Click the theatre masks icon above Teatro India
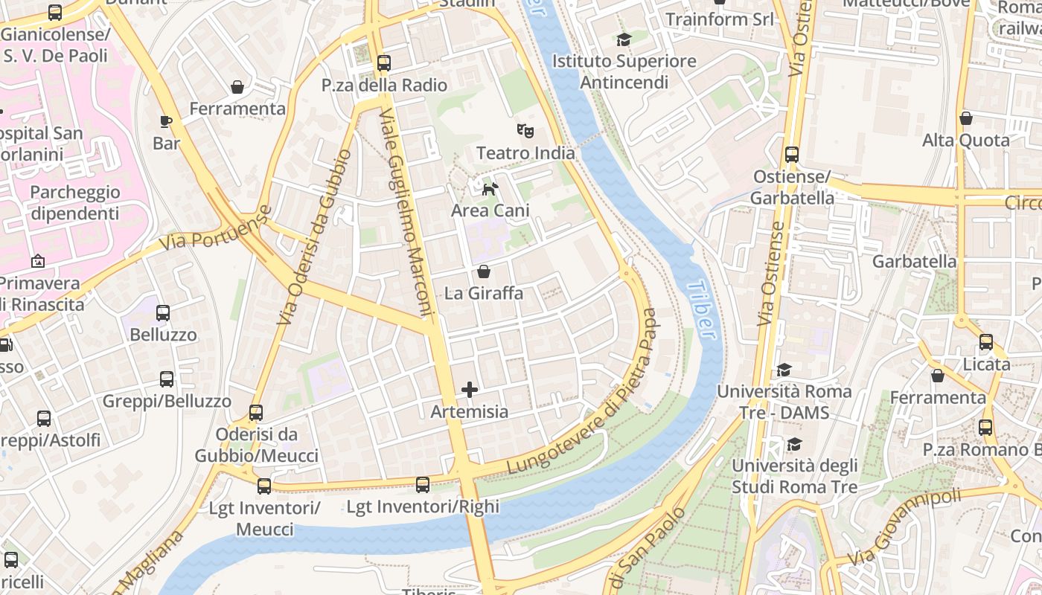coord(525,131)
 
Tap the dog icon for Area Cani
coord(490,189)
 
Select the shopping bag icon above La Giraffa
coord(484,271)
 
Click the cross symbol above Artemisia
coord(470,389)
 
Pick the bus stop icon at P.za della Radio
coord(384,63)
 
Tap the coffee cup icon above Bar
coord(166,121)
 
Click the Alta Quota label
coord(965,140)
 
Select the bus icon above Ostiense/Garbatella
coord(791,155)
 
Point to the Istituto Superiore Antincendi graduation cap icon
coord(624,39)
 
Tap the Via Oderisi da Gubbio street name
coord(314,237)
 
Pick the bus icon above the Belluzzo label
coord(163,313)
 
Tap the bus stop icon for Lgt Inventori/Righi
coord(423,485)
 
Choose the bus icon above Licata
coord(986,342)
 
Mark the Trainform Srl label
coord(719,19)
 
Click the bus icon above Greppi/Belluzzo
coord(167,379)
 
